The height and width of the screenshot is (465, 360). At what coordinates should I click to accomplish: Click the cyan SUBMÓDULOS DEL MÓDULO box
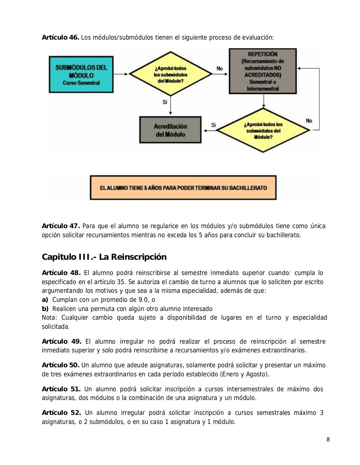[x=81, y=74]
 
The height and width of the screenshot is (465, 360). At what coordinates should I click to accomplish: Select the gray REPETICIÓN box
[x=263, y=71]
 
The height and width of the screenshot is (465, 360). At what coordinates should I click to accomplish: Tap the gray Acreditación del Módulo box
[x=170, y=130]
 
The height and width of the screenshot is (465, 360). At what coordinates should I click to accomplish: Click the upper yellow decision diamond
[x=171, y=74]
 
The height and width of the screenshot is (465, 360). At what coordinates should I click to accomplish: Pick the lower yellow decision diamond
[x=263, y=130]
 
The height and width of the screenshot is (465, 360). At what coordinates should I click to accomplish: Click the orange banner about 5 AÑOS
[x=183, y=188]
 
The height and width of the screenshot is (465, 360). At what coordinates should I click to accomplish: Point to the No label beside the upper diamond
[x=220, y=68]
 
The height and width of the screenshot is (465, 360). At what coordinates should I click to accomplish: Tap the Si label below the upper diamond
[x=165, y=102]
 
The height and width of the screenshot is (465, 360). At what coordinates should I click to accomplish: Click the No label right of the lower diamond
[x=309, y=121]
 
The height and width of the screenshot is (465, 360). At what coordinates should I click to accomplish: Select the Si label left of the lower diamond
[x=213, y=125]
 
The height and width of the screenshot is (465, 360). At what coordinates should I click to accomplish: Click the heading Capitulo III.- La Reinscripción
[x=104, y=257]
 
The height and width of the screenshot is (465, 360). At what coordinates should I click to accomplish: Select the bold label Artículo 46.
[x=60, y=37]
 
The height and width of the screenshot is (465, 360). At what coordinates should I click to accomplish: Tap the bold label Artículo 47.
[x=61, y=226]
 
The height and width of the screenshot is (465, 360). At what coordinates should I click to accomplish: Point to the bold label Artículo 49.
[x=61, y=341]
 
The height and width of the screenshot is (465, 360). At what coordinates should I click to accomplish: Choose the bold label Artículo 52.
[x=61, y=413]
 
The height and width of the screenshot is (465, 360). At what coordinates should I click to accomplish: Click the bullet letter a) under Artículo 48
[x=45, y=300]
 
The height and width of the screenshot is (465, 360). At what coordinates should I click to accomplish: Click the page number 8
[x=328, y=440]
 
